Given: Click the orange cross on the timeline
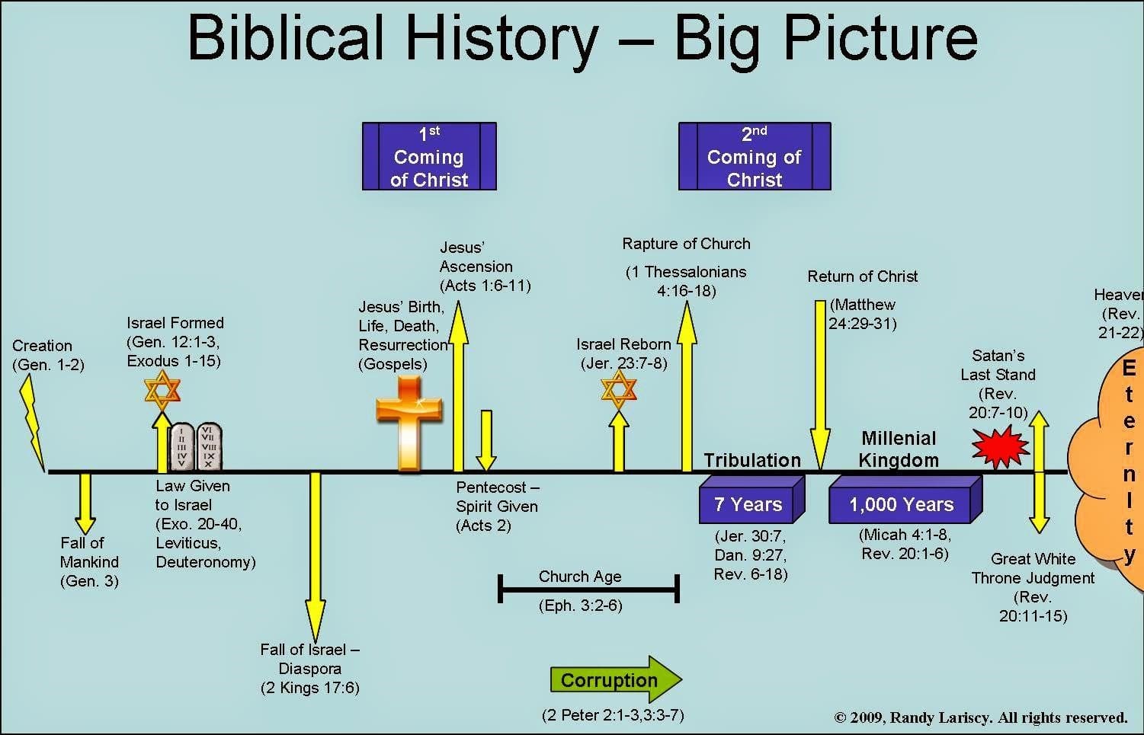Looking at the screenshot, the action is [x=409, y=423].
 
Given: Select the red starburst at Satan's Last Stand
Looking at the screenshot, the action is [x=1001, y=447].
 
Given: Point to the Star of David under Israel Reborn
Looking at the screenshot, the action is [x=618, y=390].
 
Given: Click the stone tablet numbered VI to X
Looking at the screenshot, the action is [x=210, y=446].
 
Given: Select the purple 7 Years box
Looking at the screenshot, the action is [x=751, y=500].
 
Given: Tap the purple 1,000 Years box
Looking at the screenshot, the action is [x=905, y=500].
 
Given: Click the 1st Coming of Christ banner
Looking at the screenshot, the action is [x=429, y=156].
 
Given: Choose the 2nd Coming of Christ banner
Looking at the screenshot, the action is [x=755, y=156].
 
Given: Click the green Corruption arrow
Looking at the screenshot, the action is [x=616, y=679].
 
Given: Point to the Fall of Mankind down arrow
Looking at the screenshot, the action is [x=85, y=503].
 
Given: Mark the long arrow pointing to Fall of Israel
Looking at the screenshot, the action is [x=315, y=556].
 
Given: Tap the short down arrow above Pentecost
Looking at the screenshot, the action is [x=486, y=440].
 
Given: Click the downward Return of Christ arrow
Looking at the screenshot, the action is [x=819, y=385].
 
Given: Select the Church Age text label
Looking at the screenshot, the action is [x=580, y=577].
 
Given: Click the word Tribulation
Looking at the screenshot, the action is [x=752, y=460].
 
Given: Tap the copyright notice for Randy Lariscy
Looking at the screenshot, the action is [x=981, y=717].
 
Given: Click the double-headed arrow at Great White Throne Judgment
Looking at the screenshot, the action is [x=1040, y=472].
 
